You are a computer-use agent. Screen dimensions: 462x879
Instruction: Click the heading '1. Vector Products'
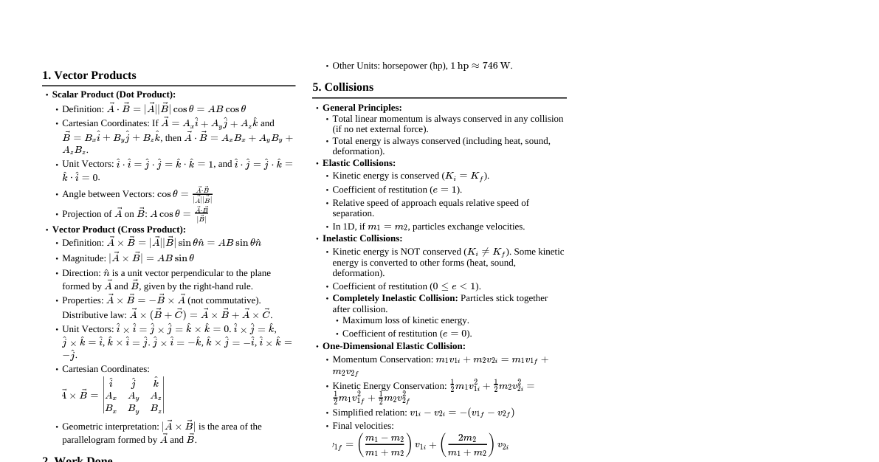pyautogui.click(x=89, y=75)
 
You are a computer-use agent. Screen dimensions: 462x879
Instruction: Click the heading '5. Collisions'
pyautogui.click(x=342, y=87)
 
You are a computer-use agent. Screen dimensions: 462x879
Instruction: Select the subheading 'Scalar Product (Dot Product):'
pyautogui.click(x=114, y=94)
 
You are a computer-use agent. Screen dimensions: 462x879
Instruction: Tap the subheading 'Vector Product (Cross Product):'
pyautogui.click(x=119, y=230)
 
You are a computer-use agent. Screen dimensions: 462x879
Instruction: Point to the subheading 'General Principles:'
pyautogui.click(x=362, y=108)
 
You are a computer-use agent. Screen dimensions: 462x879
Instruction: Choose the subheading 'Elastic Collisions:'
pyautogui.click(x=359, y=163)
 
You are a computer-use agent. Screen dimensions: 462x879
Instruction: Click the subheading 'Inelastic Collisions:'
pyautogui.click(x=362, y=238)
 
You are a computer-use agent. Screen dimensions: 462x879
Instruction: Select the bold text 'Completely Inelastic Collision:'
pyautogui.click(x=395, y=298)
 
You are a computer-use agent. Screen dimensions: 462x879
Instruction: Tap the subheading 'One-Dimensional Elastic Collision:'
pyautogui.click(x=393, y=346)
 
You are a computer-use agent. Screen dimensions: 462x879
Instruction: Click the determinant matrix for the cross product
pyautogui.click(x=133, y=395)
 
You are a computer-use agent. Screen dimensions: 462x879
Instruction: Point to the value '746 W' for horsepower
pyautogui.click(x=497, y=66)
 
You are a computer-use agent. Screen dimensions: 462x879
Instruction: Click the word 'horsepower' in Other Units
pyautogui.click(x=404, y=66)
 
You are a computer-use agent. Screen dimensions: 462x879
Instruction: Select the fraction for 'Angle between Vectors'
pyautogui.click(x=201, y=195)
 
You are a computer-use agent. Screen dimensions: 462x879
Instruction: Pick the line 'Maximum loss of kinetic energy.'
pyautogui.click(x=405, y=320)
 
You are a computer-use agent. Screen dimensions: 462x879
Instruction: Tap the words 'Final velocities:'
pyautogui.click(x=363, y=426)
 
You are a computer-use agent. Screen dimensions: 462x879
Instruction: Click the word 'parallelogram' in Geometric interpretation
pyautogui.click(x=90, y=440)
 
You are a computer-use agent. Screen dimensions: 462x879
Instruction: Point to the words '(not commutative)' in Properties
pyautogui.click(x=224, y=300)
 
